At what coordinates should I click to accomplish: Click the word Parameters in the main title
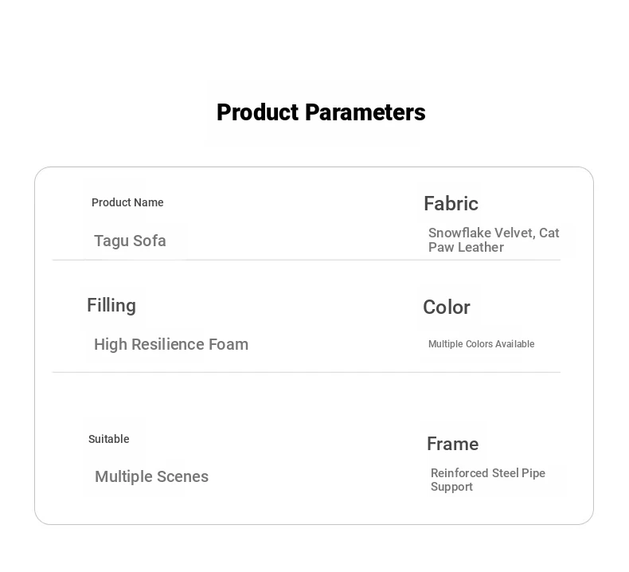coord(365,112)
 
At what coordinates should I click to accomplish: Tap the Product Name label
coord(127,202)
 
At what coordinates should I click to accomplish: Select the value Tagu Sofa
coord(130,241)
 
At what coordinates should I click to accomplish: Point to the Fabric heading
coord(451,203)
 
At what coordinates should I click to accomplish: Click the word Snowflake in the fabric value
coord(459,233)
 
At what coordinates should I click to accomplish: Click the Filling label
coord(111,306)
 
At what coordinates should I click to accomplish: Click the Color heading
coord(447,308)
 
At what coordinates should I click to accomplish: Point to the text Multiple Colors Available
coord(482,344)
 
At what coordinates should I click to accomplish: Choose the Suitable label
coord(109,439)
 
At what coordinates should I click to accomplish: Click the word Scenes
coord(182,477)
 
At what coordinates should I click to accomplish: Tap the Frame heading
coord(452,444)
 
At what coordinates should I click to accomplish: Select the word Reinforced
coord(459,473)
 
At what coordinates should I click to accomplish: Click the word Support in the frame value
coord(451,487)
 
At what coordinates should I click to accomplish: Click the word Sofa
coord(149,241)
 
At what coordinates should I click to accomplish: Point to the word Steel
coord(506,473)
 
